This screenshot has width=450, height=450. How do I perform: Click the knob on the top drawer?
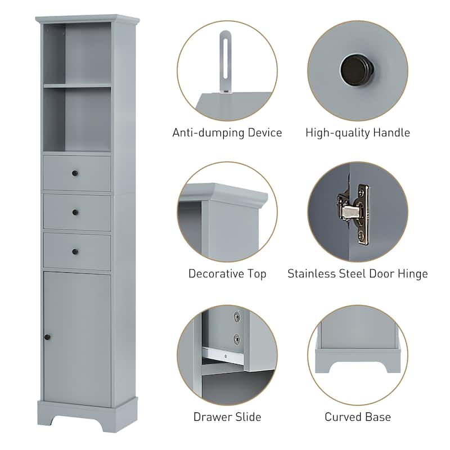pos(74,173)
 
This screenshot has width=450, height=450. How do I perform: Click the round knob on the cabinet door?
pos(47,336)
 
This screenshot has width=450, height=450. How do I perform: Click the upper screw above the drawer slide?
pos(236,317)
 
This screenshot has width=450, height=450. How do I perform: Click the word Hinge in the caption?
pos(413,274)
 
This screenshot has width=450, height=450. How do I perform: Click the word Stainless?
pos(311,274)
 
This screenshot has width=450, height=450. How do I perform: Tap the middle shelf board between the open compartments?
pos(77,85)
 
